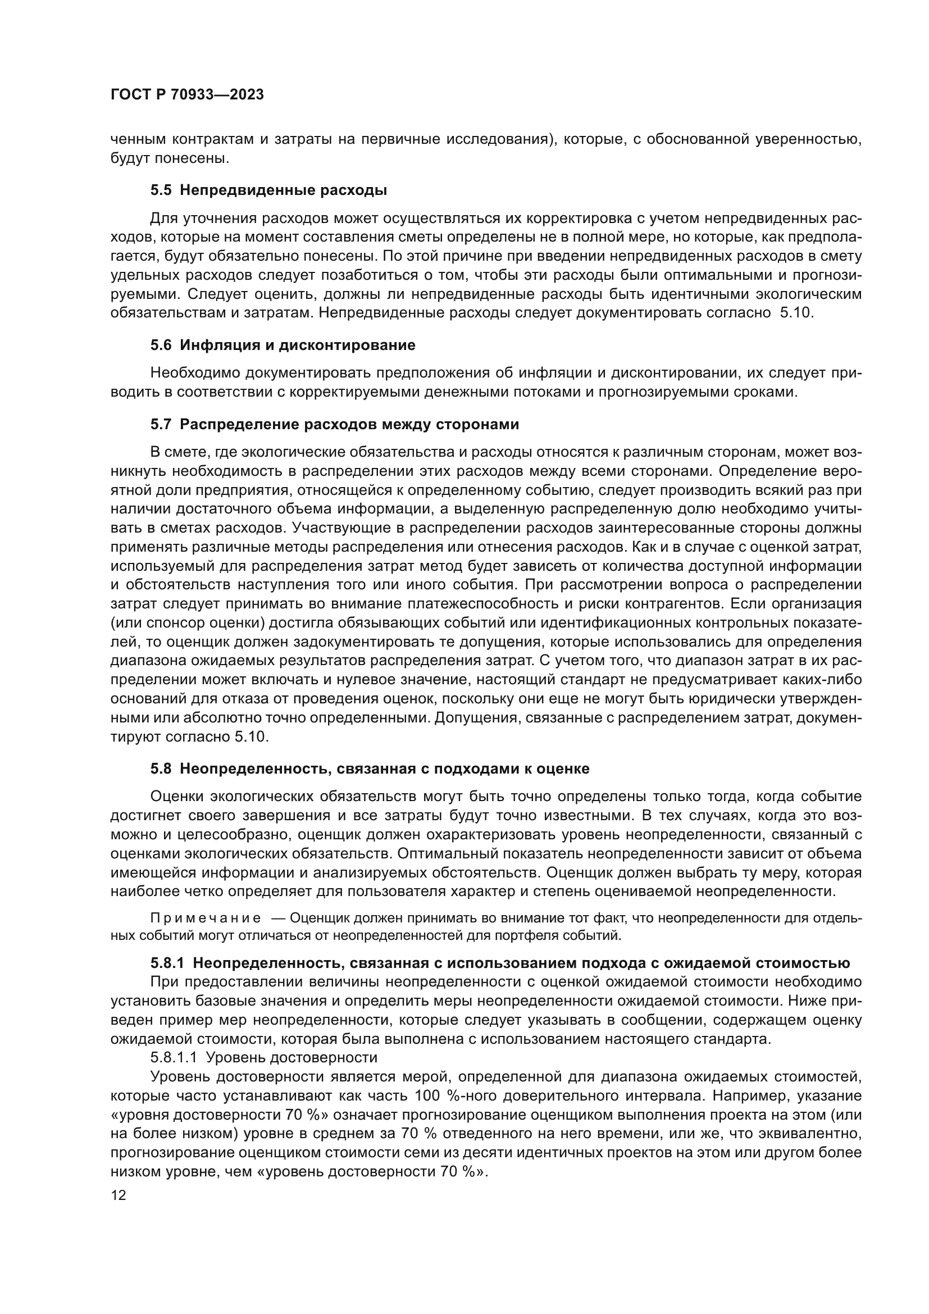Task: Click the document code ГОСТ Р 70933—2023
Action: pyautogui.click(x=187, y=95)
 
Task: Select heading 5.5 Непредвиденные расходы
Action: pyautogui.click(x=269, y=190)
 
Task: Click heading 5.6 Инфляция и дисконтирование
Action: pyautogui.click(x=283, y=345)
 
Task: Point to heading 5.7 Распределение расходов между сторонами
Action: pyautogui.click(x=335, y=425)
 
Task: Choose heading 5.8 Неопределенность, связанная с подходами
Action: pyautogui.click(x=370, y=769)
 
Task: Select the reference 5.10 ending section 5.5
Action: pyautogui.click(x=797, y=313)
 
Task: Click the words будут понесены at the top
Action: pyautogui.click(x=169, y=158)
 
